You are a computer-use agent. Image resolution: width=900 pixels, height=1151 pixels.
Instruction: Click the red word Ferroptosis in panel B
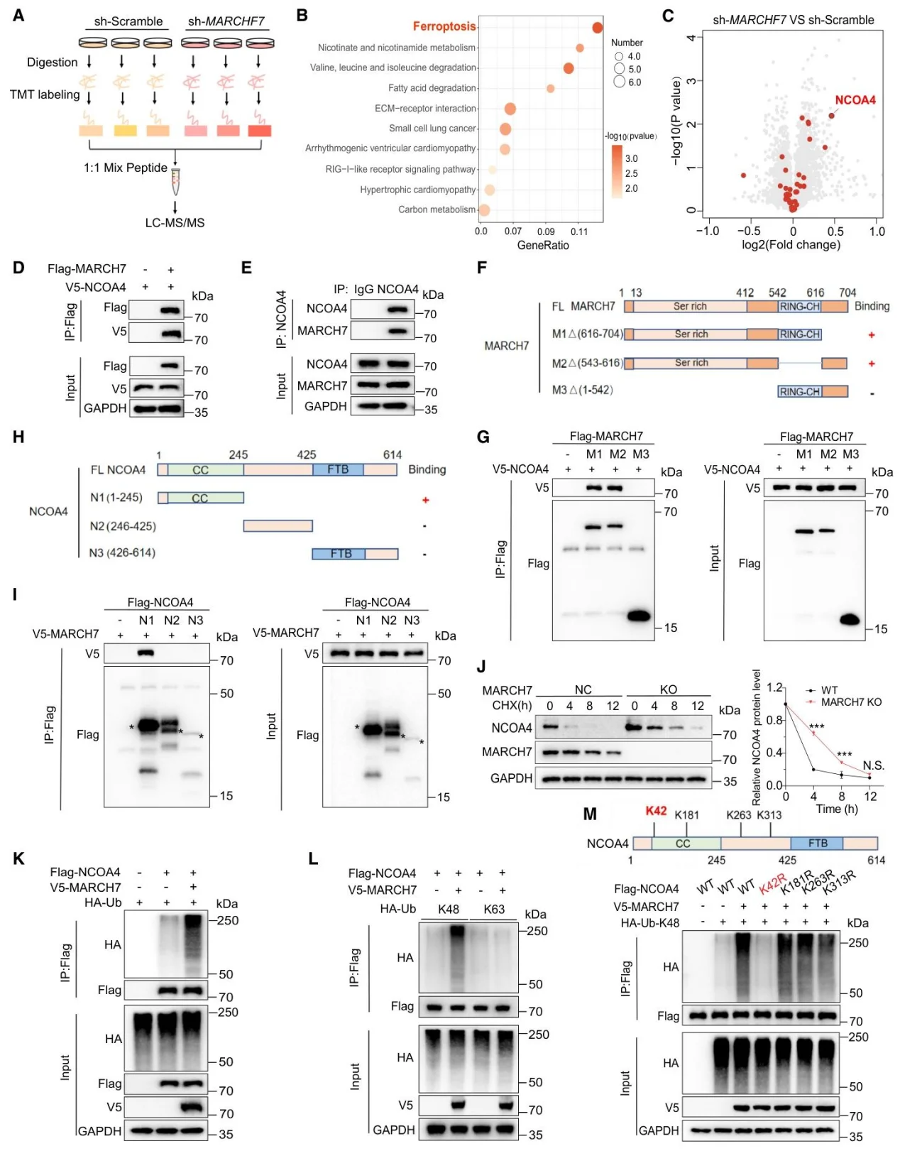(x=444, y=26)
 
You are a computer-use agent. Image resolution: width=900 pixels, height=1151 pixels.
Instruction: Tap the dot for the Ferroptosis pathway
(x=597, y=28)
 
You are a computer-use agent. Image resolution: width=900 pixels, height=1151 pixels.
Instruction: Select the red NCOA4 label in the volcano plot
(x=855, y=100)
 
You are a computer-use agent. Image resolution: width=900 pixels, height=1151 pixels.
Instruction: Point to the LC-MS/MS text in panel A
(x=175, y=223)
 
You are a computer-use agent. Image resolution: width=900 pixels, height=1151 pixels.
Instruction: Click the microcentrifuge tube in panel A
(x=176, y=182)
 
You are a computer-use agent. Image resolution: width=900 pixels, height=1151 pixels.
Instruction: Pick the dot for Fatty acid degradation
(x=550, y=89)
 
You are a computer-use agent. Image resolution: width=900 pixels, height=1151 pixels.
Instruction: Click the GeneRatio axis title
(x=543, y=245)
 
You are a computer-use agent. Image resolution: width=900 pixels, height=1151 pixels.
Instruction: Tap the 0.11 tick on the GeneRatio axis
(x=579, y=231)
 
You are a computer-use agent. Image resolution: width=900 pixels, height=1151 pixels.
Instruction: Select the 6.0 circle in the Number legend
(x=620, y=82)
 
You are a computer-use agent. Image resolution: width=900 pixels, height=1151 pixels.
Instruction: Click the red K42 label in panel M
(x=656, y=811)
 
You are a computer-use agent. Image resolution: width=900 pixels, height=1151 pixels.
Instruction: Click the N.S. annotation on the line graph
(x=873, y=765)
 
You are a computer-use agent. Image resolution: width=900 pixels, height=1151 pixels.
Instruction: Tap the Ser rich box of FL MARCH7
(x=690, y=306)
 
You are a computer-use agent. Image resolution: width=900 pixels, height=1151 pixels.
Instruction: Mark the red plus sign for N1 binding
(x=425, y=499)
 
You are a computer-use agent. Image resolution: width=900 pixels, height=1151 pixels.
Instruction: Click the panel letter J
(x=481, y=666)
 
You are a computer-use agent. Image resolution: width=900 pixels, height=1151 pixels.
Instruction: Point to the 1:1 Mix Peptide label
(x=125, y=168)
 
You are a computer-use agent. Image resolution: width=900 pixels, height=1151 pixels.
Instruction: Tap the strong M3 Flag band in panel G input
(x=850, y=619)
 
